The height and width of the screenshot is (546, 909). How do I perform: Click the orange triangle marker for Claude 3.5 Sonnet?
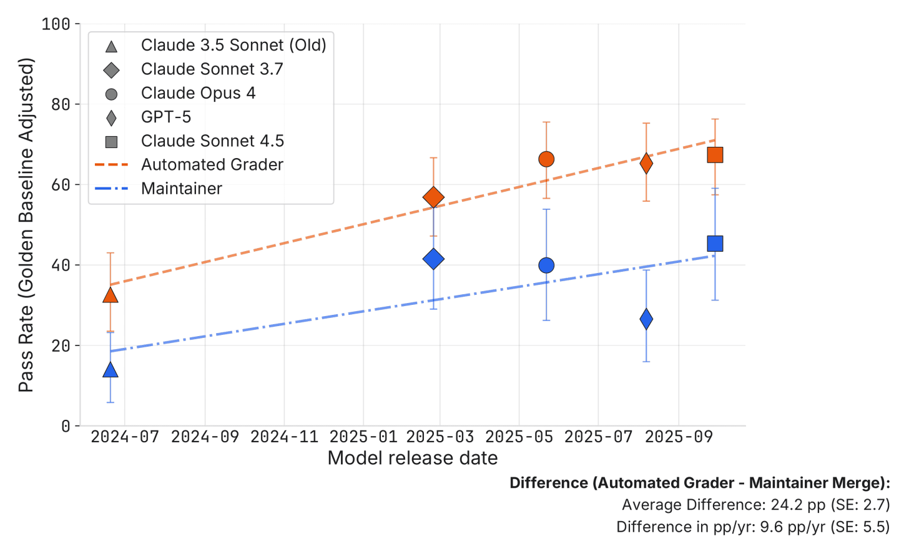(x=111, y=295)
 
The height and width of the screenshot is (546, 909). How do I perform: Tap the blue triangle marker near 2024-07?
(x=111, y=370)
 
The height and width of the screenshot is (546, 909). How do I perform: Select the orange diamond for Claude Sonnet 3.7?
(x=433, y=197)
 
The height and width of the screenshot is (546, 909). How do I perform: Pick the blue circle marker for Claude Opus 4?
(x=546, y=266)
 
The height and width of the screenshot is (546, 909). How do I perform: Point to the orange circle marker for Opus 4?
(x=546, y=159)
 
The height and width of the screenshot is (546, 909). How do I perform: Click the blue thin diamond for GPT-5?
(x=646, y=319)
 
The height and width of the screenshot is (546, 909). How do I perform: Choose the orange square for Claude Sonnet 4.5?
(x=715, y=154)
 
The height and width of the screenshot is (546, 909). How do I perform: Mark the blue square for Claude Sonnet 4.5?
(x=715, y=244)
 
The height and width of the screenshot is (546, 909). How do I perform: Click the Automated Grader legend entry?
(x=212, y=165)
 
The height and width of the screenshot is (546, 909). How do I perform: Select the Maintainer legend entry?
(x=181, y=189)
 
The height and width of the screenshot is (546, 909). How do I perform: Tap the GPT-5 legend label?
(x=165, y=117)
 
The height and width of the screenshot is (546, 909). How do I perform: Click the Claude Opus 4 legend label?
(x=198, y=93)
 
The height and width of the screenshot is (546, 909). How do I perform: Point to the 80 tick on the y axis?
(x=61, y=104)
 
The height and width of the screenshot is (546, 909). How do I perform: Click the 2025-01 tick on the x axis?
(x=363, y=437)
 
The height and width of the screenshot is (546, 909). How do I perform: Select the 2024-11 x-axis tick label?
(x=284, y=437)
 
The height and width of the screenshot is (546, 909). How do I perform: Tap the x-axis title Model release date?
(x=412, y=458)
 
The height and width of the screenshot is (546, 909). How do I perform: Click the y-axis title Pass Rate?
(x=26, y=225)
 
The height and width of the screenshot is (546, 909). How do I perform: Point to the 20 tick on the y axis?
(x=61, y=345)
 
